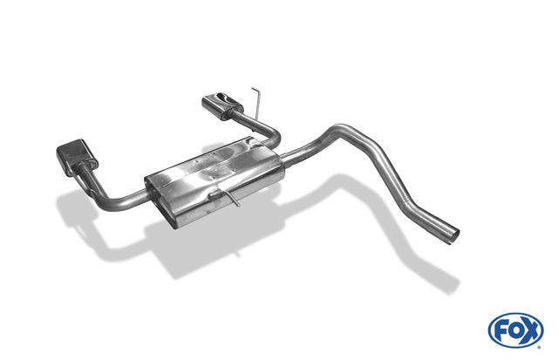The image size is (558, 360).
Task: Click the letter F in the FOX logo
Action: [501, 331]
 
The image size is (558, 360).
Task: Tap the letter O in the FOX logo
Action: [516, 331]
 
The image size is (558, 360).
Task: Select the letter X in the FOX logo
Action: [531, 331]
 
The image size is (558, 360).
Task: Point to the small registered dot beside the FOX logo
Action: [539, 347]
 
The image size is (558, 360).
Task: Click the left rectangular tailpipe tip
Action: [78, 156]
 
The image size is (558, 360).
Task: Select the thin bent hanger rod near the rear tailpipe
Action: [257, 103]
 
